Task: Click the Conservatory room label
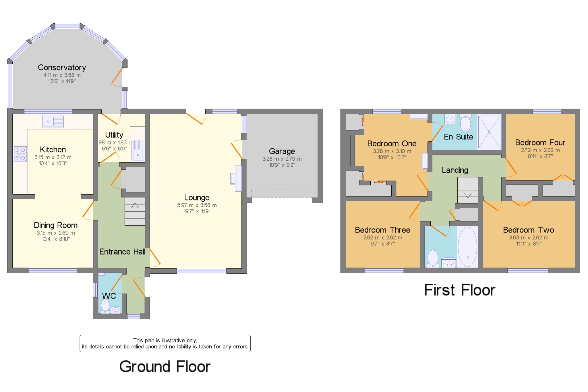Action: click(62, 68)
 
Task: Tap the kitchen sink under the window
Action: click(53, 121)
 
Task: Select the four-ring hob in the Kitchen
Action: click(20, 154)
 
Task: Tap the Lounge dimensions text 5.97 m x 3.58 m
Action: click(197, 205)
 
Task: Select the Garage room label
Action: click(282, 151)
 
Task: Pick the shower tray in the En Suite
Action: click(490, 132)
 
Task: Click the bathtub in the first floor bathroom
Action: click(467, 247)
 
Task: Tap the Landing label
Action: click(455, 170)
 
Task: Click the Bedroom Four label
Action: click(540, 143)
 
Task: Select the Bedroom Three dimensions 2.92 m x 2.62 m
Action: click(383, 238)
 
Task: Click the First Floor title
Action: click(460, 290)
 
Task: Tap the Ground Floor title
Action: click(165, 366)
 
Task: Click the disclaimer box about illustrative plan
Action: click(165, 343)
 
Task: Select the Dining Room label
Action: click(56, 225)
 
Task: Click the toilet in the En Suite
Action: click(465, 123)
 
